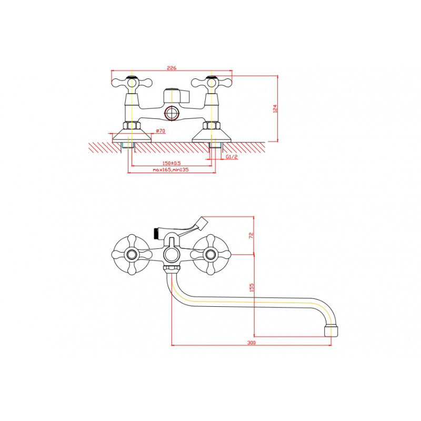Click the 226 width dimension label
coord(172,68)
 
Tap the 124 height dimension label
coord(275,109)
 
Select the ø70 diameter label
coord(161,131)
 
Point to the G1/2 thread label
coord(232,157)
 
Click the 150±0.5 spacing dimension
coord(172,163)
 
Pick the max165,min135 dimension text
coord(171,169)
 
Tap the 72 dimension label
coord(252,235)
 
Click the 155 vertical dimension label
coord(252,287)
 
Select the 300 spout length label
coord(252,343)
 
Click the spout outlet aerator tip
coord(331,331)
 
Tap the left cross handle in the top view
coord(132,83)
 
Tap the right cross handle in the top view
coord(212,83)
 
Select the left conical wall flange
coord(132,136)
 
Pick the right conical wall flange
coord(212,136)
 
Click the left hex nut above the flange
coord(132,125)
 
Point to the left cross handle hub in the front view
coord(132,254)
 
